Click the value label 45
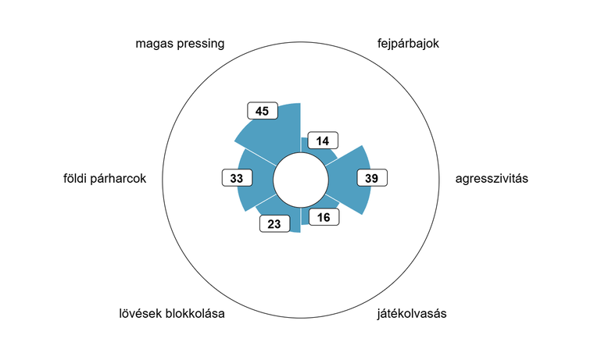coord(263,111)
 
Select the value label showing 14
coord(323,141)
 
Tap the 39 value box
coord(372,178)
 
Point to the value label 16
coord(324,217)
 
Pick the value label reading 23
coord(274,223)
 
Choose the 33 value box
coord(238,178)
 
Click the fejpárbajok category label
coord(408,44)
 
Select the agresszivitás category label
coord(492,179)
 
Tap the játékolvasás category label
coord(412,314)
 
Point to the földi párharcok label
coord(105,179)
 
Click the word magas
coord(152,44)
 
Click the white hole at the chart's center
coord(301,180)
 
